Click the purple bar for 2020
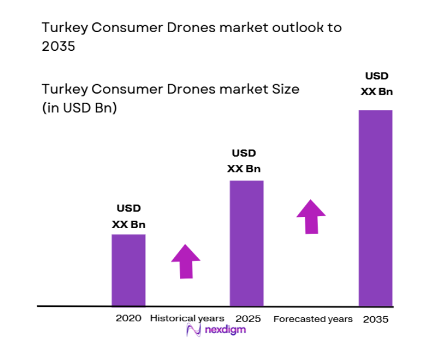129,270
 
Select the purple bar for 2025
246,243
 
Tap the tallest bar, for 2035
376,207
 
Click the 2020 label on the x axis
129,319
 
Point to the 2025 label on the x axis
248,319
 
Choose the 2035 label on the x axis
376,319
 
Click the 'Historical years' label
187,319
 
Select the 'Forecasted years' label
313,319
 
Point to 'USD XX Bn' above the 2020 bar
129,216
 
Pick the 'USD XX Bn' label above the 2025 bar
244,161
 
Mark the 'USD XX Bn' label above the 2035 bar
376,84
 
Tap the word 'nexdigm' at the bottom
225,331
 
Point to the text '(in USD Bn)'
79,108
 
